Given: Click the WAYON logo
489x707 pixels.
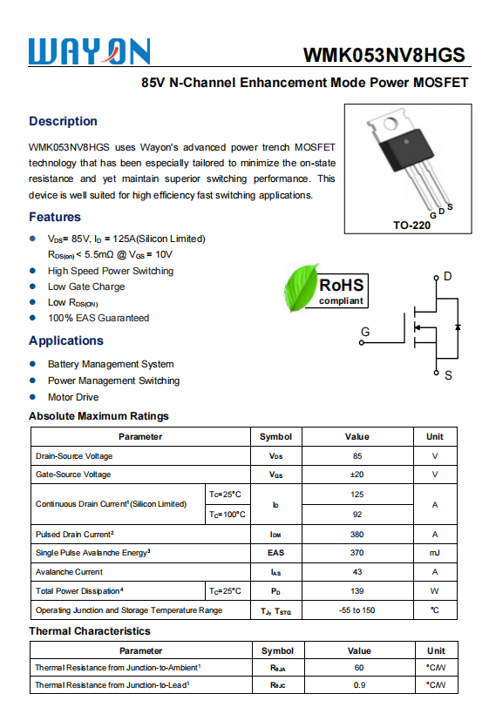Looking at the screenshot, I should click(90, 51).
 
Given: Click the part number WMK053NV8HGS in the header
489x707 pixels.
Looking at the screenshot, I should click(384, 55).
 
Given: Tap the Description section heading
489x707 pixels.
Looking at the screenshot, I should click(63, 121).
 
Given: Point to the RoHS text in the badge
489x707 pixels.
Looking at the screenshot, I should click(341, 286).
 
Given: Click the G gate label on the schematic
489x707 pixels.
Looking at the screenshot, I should click(365, 332).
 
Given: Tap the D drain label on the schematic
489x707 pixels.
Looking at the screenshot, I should click(447, 277).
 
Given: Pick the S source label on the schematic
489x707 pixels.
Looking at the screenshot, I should click(448, 375).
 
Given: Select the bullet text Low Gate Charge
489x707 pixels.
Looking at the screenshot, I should click(86, 286).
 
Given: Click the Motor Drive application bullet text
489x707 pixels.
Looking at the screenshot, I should click(73, 397).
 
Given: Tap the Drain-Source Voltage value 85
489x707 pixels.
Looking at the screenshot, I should click(357, 455).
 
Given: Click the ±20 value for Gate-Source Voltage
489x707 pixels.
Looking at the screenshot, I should click(357, 475).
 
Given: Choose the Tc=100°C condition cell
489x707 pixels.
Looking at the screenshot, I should click(227, 515).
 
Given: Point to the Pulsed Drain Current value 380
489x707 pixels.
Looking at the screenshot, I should click(357, 534).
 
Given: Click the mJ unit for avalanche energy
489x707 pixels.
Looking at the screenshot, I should click(434, 553).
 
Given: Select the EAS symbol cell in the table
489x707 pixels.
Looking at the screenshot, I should click(275, 553).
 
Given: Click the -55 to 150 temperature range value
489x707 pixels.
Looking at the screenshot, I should click(357, 610).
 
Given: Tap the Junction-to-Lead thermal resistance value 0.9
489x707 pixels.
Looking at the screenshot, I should click(359, 685).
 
